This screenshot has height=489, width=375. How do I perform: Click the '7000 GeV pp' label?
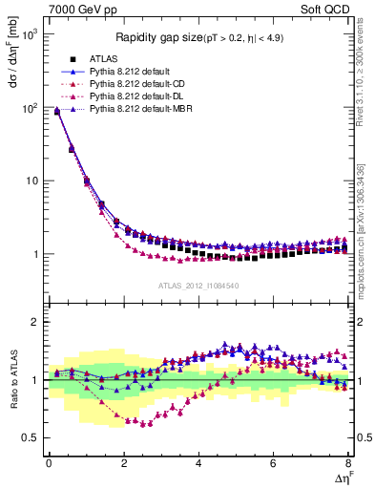pyautogui.click(x=75, y=11)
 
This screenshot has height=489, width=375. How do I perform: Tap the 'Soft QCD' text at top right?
pyautogui.click(x=324, y=11)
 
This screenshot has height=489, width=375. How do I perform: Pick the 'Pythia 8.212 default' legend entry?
pyautogui.click(x=134, y=72)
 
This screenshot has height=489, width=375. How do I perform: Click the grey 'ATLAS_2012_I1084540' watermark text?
pyautogui.click(x=198, y=286)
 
